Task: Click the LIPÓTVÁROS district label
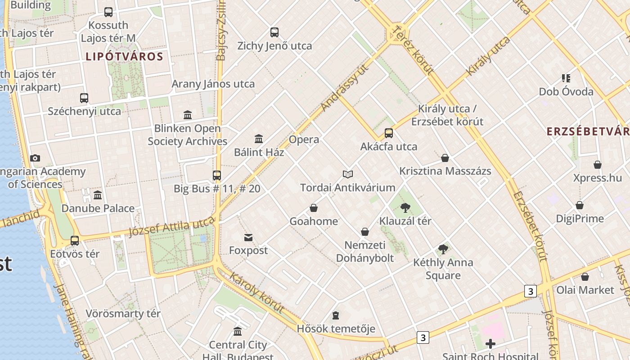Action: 124,57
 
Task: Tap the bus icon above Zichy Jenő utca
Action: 274,32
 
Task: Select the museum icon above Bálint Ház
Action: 259,139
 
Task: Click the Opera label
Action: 304,139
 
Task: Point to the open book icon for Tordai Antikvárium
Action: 347,174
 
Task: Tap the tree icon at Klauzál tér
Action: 405,207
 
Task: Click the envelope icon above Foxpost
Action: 248,237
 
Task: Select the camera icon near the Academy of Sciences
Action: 35,158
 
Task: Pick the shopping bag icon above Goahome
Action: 314,208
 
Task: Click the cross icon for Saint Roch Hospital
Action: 490,344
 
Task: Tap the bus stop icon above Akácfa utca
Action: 389,133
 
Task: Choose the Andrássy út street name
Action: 345,87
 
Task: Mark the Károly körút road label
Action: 256,292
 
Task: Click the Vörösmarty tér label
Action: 123,314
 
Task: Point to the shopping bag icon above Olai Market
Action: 585,277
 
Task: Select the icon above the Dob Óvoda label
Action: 566,78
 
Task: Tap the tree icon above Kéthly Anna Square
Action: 443,249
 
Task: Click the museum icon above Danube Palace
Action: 98,195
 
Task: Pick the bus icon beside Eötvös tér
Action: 75,241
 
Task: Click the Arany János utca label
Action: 213,84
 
